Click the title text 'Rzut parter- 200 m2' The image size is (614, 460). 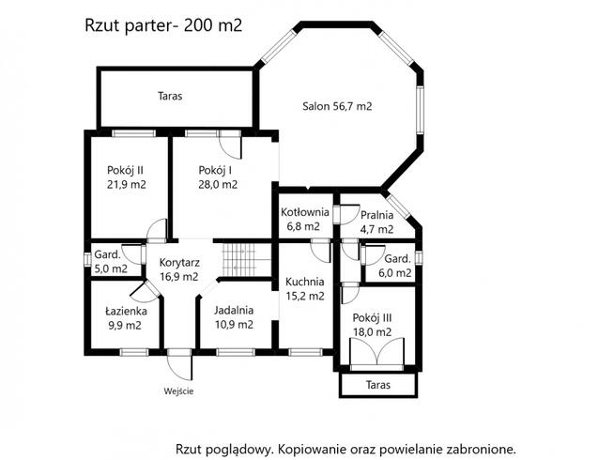point(163,25)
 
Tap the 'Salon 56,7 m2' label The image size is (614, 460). point(337,107)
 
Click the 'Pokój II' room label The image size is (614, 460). point(126,170)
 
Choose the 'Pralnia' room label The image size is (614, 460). point(376,215)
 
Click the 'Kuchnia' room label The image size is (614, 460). point(306,281)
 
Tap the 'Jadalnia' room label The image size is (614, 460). point(234,311)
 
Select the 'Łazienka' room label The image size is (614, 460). point(122,311)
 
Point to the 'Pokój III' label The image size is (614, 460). point(373,317)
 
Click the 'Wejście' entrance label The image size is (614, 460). point(178,391)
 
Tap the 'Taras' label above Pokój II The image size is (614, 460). point(170,96)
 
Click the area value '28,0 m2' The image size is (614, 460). point(217,185)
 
